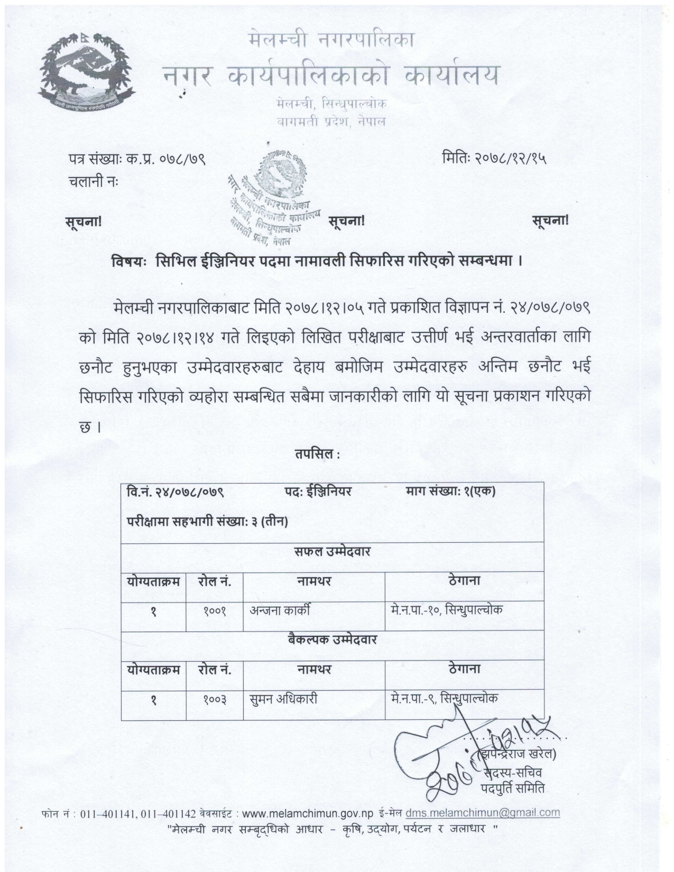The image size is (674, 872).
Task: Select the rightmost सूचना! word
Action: (550, 221)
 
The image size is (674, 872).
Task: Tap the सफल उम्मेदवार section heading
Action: (333, 552)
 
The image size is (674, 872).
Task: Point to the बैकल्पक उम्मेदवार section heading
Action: (333, 639)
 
